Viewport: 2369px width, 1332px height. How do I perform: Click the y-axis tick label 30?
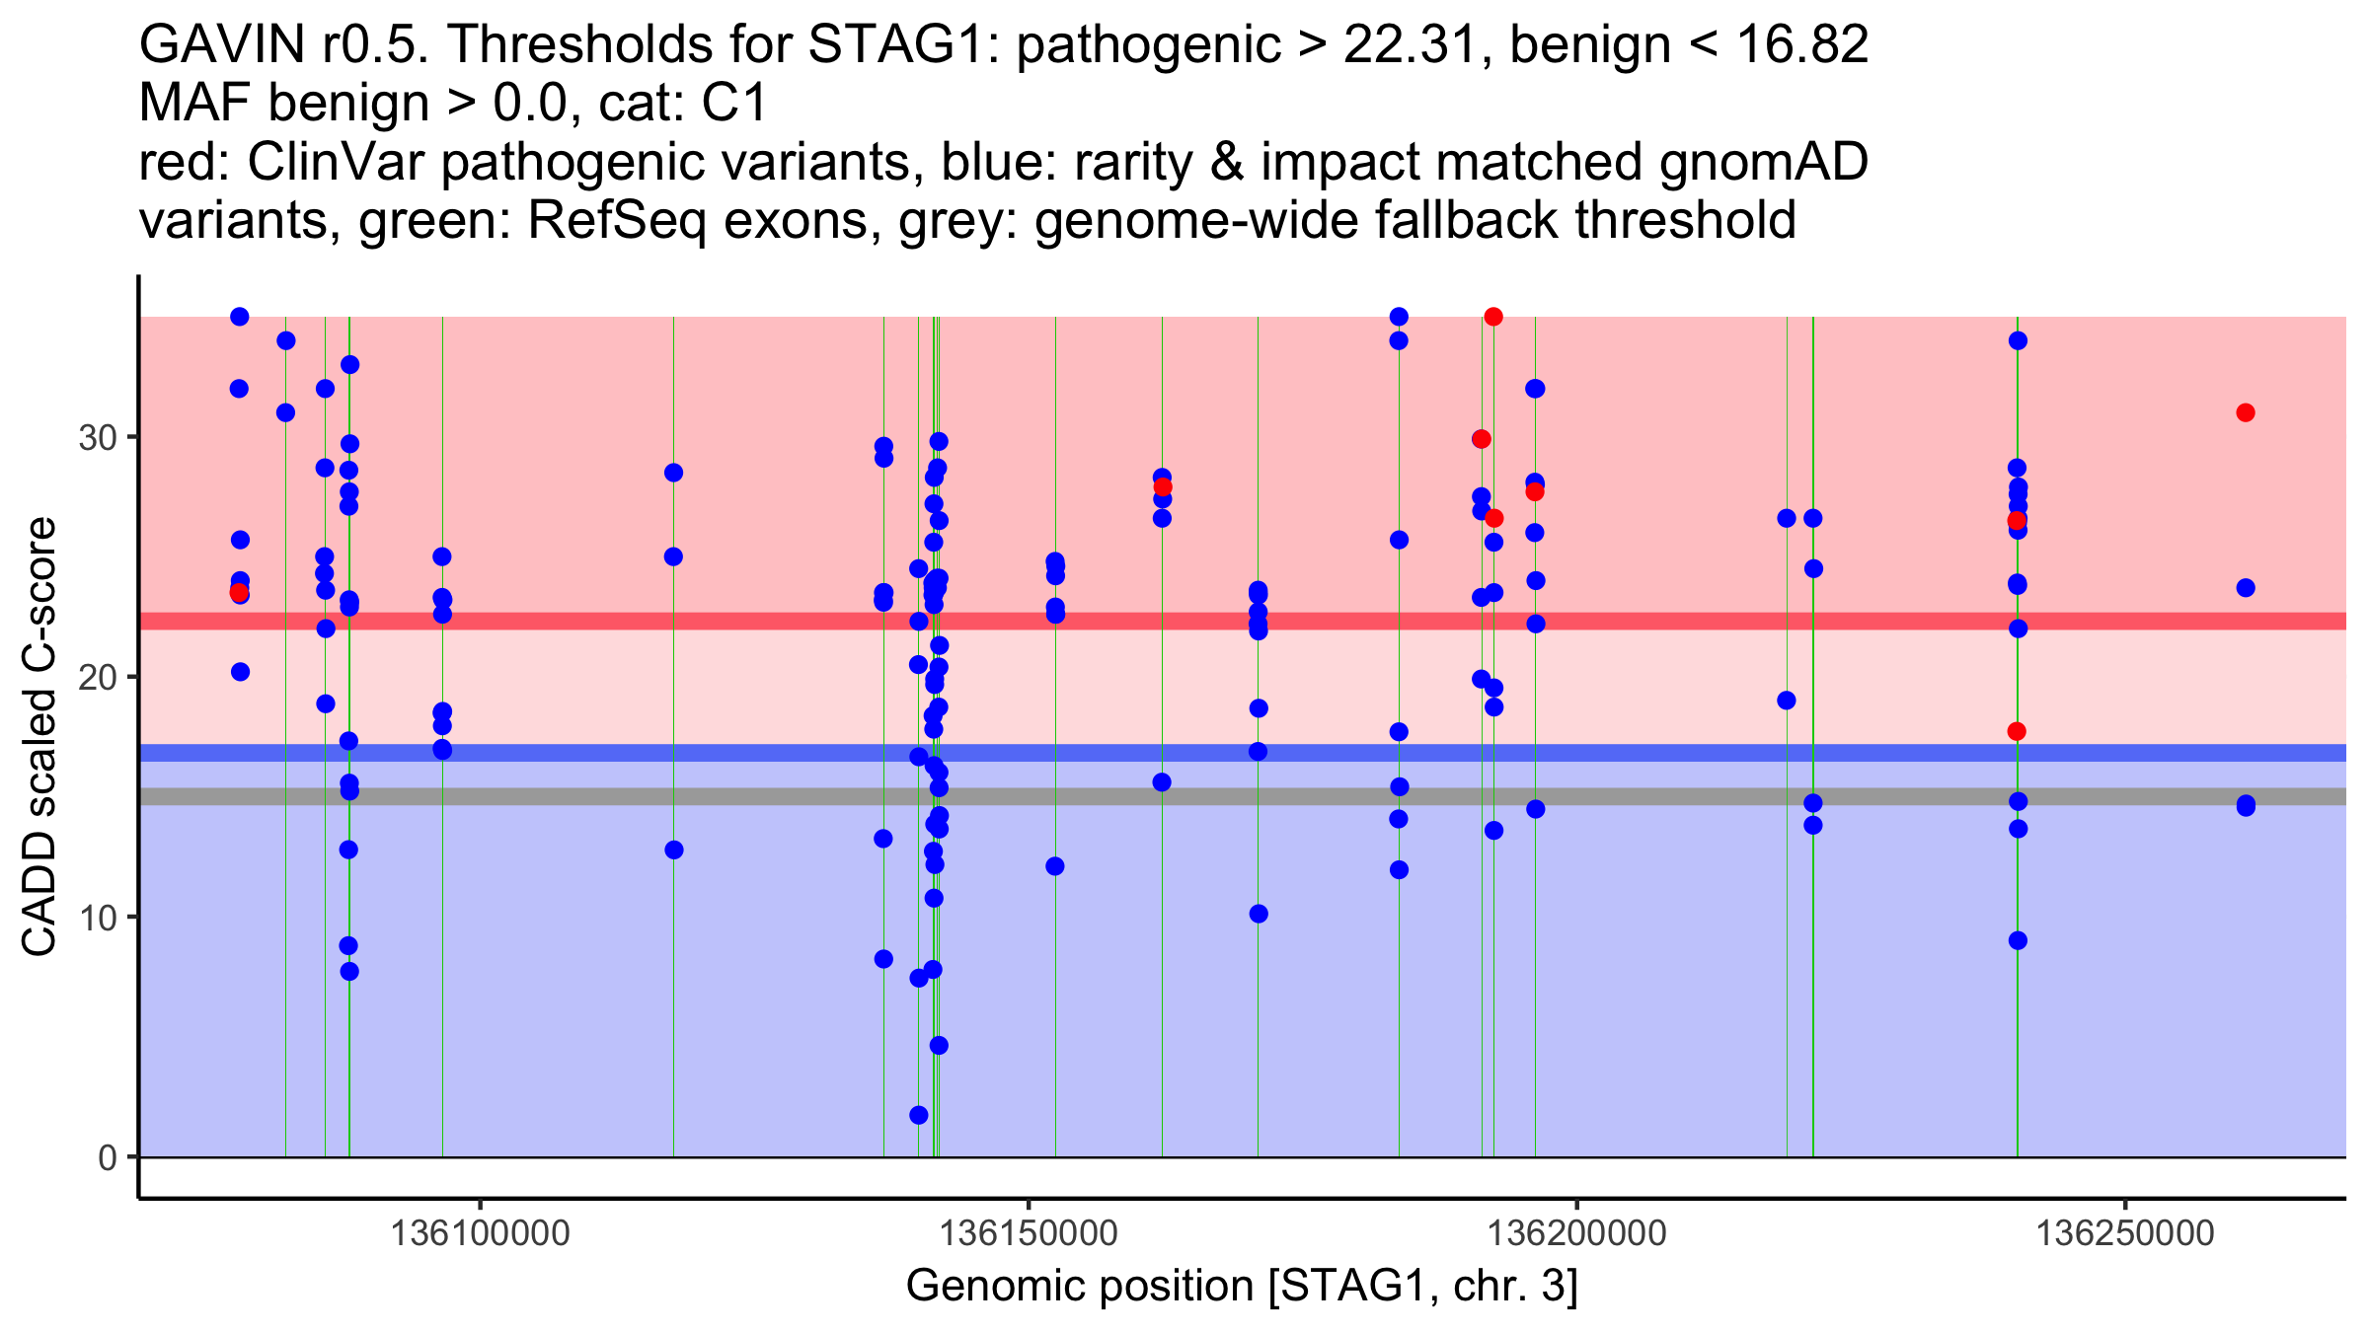point(97,437)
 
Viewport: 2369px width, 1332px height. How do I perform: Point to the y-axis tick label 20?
point(97,677)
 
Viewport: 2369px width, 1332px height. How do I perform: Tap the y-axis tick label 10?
point(97,918)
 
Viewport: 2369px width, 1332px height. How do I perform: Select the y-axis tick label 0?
point(108,1157)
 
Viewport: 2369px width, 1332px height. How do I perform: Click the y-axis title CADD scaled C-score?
point(39,737)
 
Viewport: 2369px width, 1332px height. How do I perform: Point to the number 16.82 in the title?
point(1801,44)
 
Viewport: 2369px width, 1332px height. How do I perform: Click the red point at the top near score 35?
point(1493,317)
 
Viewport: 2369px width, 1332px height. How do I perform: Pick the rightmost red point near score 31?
point(2246,412)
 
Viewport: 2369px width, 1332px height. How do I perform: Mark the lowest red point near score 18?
point(2018,731)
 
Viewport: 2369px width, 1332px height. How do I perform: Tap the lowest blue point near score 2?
point(919,1115)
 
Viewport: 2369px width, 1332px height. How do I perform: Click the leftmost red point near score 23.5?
point(239,592)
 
